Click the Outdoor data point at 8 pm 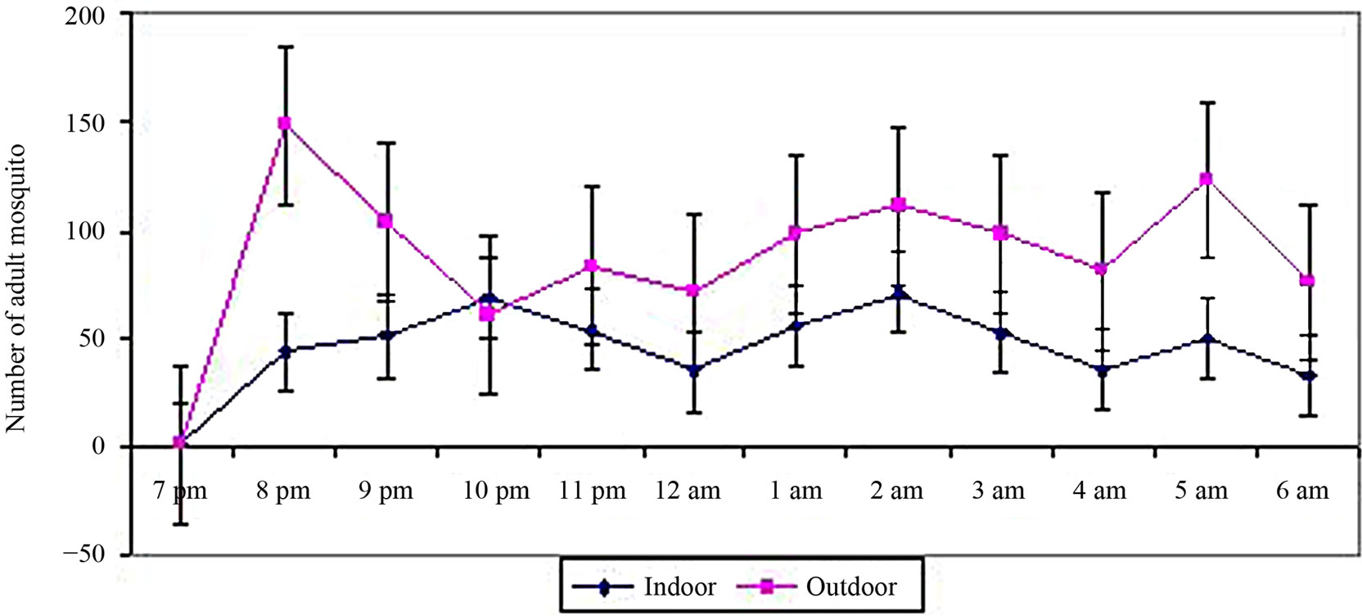pyautogui.click(x=284, y=124)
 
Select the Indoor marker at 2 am pyautogui.click(x=899, y=293)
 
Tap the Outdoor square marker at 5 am pyautogui.click(x=1206, y=179)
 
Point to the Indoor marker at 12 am pyautogui.click(x=693, y=370)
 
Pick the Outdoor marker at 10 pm pyautogui.click(x=488, y=314)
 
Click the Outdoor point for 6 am pyautogui.click(x=1307, y=281)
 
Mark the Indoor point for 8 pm pyautogui.click(x=285, y=351)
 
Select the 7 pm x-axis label pyautogui.click(x=181, y=491)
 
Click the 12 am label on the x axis pyautogui.click(x=688, y=491)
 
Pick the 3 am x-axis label pyautogui.click(x=998, y=491)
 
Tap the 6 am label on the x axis pyautogui.click(x=1302, y=491)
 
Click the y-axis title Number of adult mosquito pyautogui.click(x=16, y=288)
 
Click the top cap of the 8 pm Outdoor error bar pyautogui.click(x=285, y=47)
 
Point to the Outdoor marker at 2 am pyautogui.click(x=899, y=205)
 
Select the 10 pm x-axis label pyautogui.click(x=496, y=491)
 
